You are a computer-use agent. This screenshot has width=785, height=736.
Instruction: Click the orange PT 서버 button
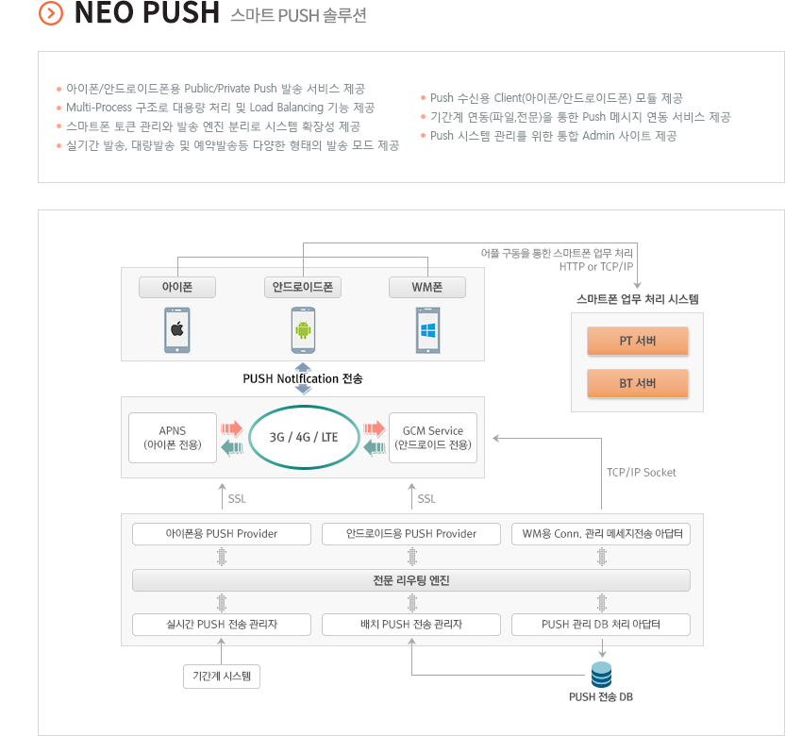(637, 341)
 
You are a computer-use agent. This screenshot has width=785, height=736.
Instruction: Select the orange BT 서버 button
(637, 383)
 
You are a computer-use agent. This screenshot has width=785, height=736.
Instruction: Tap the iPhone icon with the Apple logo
(177, 330)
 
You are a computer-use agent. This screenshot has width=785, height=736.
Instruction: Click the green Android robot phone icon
(303, 330)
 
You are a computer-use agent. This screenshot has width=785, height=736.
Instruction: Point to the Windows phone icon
(428, 330)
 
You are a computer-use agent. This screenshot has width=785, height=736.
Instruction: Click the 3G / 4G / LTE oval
(304, 437)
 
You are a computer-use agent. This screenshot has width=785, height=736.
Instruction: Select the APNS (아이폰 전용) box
(173, 438)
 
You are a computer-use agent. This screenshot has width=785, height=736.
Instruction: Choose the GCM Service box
(433, 438)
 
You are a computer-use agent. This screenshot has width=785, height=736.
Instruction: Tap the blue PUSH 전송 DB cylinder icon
(601, 675)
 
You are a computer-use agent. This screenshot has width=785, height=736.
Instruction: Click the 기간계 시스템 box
(222, 677)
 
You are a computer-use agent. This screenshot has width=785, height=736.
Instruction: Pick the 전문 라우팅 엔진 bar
(411, 580)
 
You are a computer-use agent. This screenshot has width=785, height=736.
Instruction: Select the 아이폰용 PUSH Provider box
(222, 534)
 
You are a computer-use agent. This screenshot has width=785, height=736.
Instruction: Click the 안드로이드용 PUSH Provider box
(411, 534)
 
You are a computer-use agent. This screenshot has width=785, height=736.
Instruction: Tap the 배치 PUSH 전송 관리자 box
(411, 625)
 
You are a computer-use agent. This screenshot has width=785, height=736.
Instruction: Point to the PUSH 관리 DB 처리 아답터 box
(601, 625)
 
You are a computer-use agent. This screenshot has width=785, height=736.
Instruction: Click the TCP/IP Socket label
(642, 473)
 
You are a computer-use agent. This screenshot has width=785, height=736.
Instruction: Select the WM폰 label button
(427, 288)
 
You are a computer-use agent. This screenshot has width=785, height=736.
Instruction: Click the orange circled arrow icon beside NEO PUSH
(51, 13)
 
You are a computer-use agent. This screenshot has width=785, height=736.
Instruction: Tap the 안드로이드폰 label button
(303, 288)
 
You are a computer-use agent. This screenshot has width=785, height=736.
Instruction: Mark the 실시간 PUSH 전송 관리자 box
(222, 625)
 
